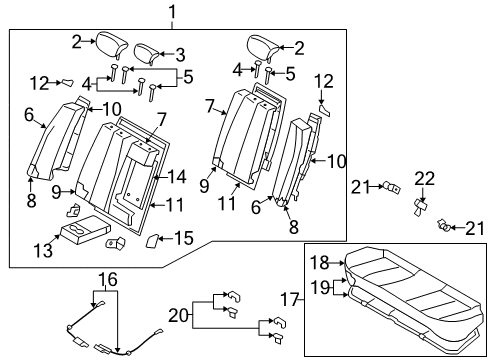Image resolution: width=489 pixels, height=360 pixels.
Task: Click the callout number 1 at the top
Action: click(x=173, y=13)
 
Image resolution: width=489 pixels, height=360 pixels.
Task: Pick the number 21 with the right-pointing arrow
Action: click(x=359, y=184)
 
